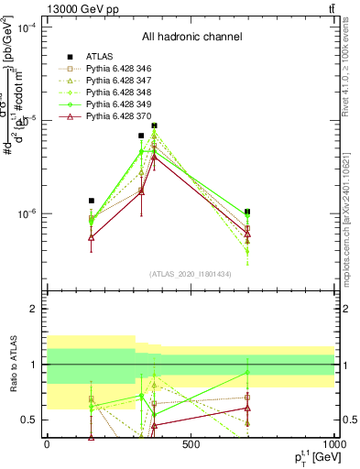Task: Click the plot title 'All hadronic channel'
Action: pos(191,37)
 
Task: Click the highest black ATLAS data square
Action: pos(155,125)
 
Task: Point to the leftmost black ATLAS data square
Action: pos(92,201)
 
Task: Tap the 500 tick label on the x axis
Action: pos(191,444)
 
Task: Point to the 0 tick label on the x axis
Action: pos(47,444)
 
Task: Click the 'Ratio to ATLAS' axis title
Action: pos(12,365)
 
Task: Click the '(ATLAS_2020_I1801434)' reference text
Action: pos(191,274)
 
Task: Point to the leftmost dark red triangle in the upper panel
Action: pos(92,237)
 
